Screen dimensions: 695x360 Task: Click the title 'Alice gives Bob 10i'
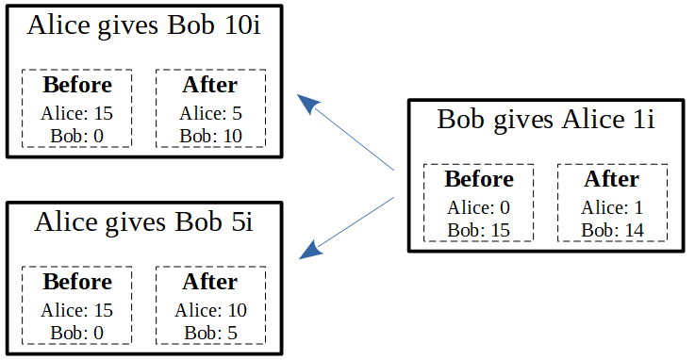point(143,25)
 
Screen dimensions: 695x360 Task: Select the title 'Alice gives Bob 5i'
point(143,222)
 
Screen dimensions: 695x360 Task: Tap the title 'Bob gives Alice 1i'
point(546,120)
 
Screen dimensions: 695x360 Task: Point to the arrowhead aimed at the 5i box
point(310,250)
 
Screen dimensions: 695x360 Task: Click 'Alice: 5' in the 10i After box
point(210,114)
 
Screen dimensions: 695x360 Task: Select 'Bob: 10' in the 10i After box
point(210,136)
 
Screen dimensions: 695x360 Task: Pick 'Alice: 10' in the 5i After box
point(210,310)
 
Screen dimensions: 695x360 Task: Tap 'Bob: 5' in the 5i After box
point(210,333)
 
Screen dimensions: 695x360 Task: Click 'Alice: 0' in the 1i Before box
point(479,207)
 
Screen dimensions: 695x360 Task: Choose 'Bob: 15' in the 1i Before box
point(479,230)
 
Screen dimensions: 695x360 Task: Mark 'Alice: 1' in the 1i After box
point(612,207)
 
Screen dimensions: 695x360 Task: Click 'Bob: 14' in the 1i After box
point(612,230)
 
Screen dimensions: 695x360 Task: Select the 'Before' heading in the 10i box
point(77,85)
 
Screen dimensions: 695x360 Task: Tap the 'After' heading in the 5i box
point(210,282)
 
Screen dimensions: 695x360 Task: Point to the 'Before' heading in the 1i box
point(479,179)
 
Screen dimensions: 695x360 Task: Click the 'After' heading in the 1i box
point(612,179)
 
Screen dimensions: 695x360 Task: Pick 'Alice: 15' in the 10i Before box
point(77,114)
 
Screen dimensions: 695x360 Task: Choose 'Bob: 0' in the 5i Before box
point(77,333)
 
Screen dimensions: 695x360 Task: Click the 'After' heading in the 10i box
point(210,85)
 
